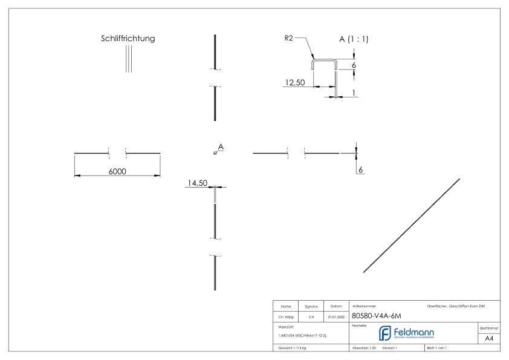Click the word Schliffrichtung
(128, 38)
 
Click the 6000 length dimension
(117, 172)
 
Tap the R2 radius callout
(290, 38)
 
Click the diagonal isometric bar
(412, 225)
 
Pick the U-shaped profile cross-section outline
(324, 61)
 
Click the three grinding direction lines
(128, 59)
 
